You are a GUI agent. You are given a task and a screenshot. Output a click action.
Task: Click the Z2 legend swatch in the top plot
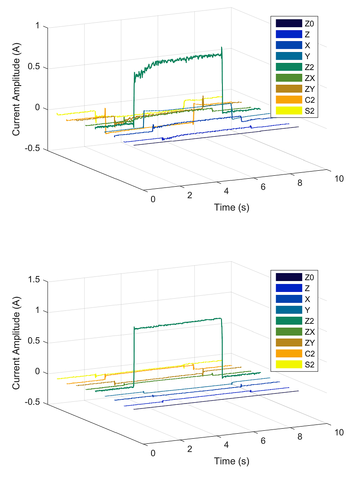tap(289, 67)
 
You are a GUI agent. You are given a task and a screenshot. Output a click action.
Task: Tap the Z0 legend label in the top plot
tap(308, 23)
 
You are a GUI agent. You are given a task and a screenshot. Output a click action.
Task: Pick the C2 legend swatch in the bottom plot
tap(289, 354)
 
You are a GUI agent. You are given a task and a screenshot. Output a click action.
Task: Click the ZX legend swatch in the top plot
tap(289, 78)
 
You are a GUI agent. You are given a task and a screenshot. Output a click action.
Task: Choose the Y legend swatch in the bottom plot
tap(289, 310)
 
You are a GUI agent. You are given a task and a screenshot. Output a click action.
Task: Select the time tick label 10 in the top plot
tap(339, 179)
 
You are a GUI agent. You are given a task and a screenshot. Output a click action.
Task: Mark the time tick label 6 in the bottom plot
tap(263, 441)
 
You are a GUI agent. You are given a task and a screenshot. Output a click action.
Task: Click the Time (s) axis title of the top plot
tap(232, 207)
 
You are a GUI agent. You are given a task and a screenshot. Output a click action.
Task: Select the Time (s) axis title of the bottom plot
tap(232, 461)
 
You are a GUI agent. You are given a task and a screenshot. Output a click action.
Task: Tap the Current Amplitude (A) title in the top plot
tap(16, 87)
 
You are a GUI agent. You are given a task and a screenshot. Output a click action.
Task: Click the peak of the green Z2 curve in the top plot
tap(221, 47)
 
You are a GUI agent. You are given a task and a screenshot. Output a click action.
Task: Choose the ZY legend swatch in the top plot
tap(289, 89)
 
